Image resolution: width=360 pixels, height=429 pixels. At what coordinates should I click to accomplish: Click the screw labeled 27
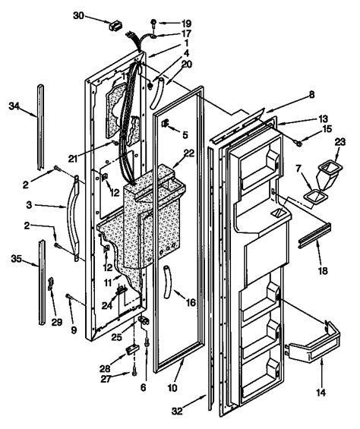134,371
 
